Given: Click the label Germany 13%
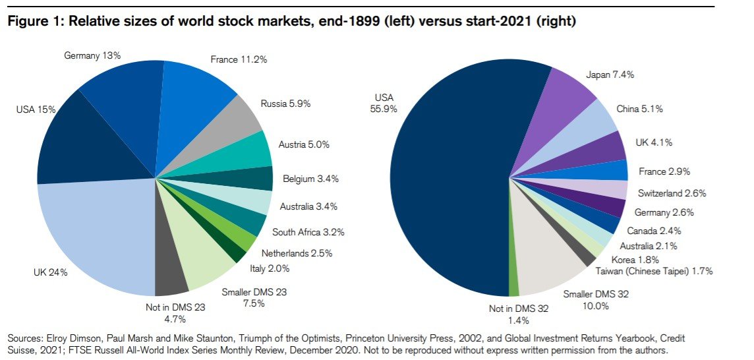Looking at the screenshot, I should [x=92, y=56].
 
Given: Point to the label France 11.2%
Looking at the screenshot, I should [x=238, y=60].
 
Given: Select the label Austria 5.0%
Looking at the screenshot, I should [x=304, y=144].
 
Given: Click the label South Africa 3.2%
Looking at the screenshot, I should [x=308, y=232].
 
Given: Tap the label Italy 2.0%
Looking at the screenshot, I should [x=270, y=268].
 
